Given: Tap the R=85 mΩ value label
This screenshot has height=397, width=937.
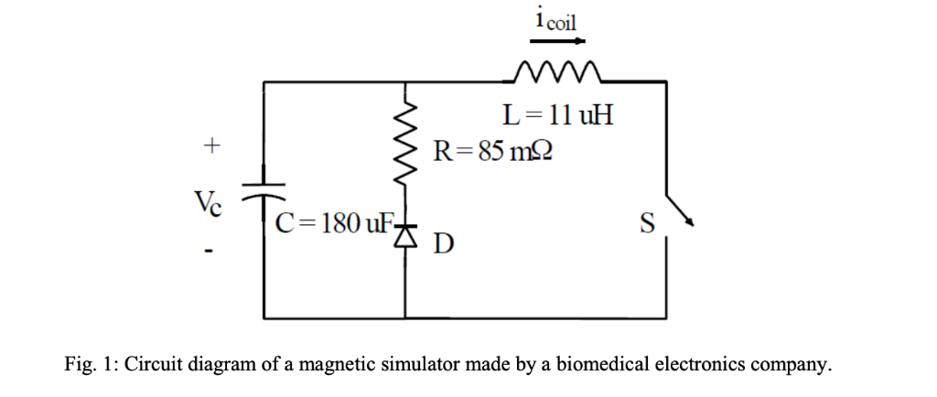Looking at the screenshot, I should (490, 149).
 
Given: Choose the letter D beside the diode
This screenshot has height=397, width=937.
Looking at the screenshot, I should (443, 244).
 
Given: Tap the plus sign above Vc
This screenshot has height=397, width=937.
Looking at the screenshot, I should (211, 145).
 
